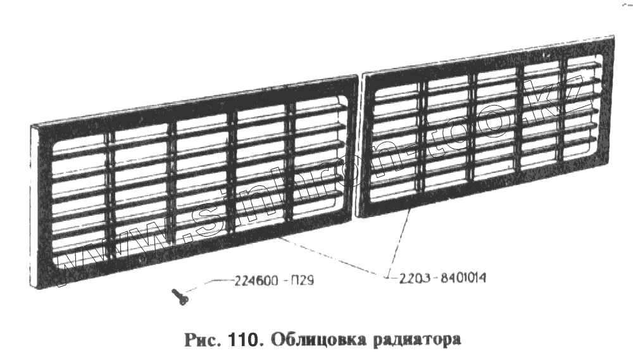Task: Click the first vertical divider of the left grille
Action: [x=109, y=196]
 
